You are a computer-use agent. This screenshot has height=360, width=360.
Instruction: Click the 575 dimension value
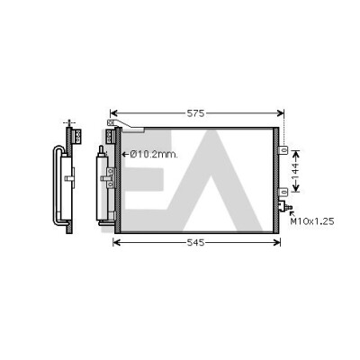tap(195, 113)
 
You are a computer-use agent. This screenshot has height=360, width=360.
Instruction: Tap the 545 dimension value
tap(195, 242)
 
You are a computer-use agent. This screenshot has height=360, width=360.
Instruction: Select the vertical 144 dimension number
tap(295, 171)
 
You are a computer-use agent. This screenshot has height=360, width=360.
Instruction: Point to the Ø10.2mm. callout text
tap(154, 155)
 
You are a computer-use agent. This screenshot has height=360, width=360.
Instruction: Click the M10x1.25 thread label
tap(312, 221)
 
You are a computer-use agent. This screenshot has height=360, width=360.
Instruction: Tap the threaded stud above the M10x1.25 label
tap(289, 207)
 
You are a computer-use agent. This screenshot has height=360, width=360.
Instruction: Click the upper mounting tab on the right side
tap(283, 150)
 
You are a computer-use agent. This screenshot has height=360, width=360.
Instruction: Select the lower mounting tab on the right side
tap(283, 193)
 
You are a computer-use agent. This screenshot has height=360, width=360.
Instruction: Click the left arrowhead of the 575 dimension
tap(113, 113)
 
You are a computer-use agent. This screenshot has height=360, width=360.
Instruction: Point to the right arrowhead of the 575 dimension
tap(281, 113)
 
